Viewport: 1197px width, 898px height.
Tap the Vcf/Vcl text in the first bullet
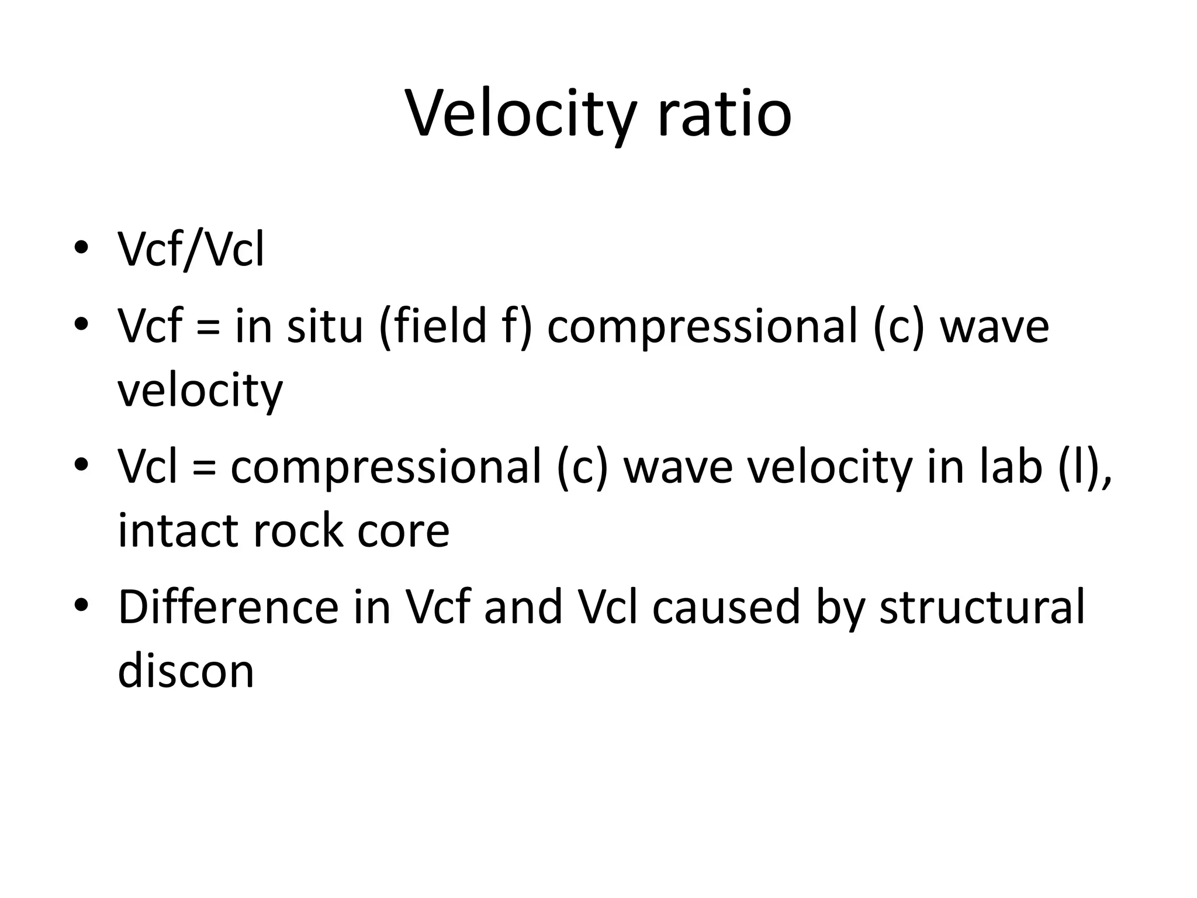191,250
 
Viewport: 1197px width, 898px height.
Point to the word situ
325,326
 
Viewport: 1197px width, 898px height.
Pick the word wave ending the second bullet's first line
994,326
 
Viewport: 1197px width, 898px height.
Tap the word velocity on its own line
200,391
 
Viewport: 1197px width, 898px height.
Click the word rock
297,531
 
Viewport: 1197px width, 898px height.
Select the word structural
982,607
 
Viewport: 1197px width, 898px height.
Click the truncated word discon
186,671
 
